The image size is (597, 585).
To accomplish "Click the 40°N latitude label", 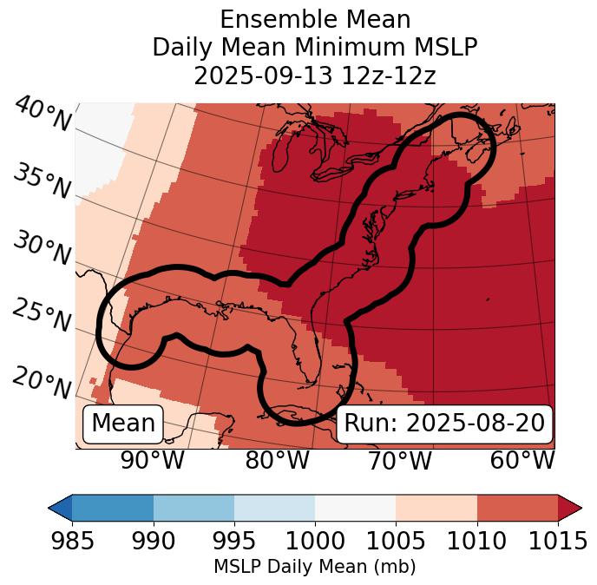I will pyautogui.click(x=42, y=115).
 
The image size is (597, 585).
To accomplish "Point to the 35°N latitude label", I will pyautogui.click(x=42, y=181).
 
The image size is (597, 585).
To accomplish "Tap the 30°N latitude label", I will pyautogui.click(x=42, y=249).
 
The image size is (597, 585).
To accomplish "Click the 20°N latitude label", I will pyautogui.click(x=42, y=382).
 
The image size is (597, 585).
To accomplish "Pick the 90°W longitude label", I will pyautogui.click(x=153, y=461).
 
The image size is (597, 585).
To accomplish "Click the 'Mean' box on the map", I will pyautogui.click(x=123, y=424).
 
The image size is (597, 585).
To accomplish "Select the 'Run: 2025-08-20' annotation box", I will pyautogui.click(x=444, y=424).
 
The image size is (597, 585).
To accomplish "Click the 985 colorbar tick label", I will pyautogui.click(x=73, y=542).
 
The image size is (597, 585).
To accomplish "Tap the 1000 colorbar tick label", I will pyautogui.click(x=315, y=542).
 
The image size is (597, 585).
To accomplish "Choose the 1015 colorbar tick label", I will pyautogui.click(x=557, y=542).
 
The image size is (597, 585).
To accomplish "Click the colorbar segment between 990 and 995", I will pyautogui.click(x=194, y=508).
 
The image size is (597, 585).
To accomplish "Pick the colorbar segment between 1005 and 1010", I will pyautogui.click(x=436, y=508).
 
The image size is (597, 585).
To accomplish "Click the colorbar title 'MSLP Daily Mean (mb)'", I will pyautogui.click(x=315, y=568).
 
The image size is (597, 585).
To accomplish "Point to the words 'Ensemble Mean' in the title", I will pyautogui.click(x=315, y=19).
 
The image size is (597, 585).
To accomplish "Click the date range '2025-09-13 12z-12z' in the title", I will pyautogui.click(x=315, y=76).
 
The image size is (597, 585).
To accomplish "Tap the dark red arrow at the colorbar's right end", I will pyautogui.click(x=569, y=508).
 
